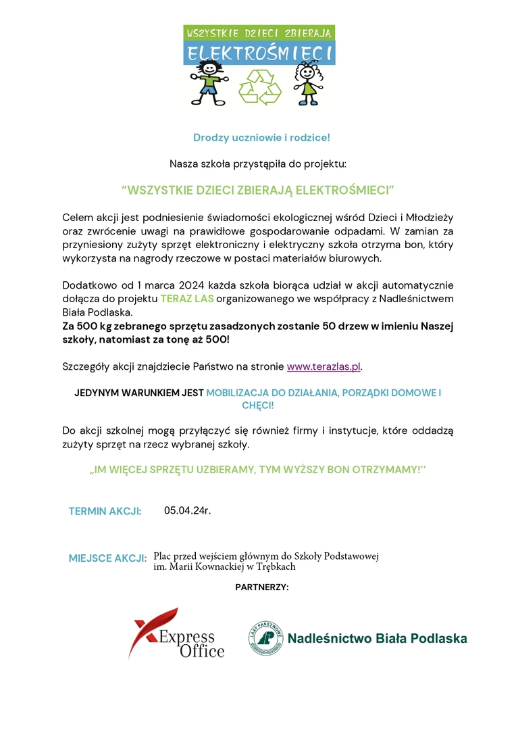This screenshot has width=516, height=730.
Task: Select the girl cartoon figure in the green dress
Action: [307, 84]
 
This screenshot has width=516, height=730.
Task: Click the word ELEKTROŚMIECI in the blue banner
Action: [259, 53]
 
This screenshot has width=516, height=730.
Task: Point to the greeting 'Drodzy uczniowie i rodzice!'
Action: [261, 138]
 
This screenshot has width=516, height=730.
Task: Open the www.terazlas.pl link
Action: [324, 367]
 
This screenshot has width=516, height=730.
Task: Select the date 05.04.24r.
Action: [188, 510]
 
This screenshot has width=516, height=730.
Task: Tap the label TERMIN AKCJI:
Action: [105, 511]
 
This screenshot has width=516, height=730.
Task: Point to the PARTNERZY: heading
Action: [262, 587]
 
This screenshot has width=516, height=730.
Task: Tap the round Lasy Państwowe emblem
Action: [265, 638]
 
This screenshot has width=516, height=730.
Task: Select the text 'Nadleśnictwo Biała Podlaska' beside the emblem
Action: [377, 639]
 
